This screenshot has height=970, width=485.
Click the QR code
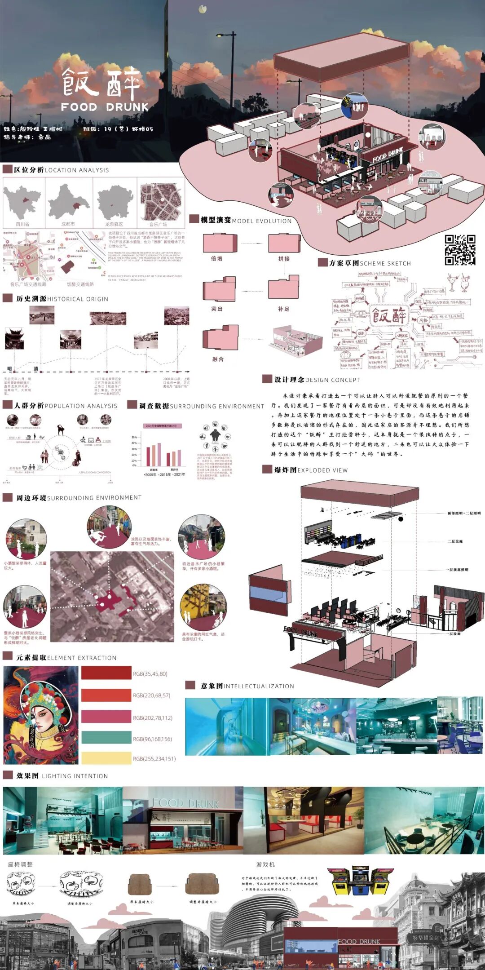pos(460,250)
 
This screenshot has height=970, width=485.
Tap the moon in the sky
pos(203,8)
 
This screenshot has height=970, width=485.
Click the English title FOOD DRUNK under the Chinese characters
pos(105,107)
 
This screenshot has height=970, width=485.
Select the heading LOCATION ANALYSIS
pos(77,170)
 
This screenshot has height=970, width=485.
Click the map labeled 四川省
pos(22,202)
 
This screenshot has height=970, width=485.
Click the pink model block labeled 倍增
pos(220,243)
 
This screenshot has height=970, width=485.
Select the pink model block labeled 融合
pos(220,338)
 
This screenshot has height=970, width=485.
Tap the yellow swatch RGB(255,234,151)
pos(106,758)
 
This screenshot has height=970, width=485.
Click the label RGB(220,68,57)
pos(152,695)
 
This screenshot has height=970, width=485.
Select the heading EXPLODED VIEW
pos(322,470)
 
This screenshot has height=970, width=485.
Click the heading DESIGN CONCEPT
pos(332,380)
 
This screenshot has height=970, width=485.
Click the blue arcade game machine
pos(360,881)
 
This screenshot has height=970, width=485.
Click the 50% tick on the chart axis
pos(134,437)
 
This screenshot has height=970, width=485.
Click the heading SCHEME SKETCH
pos(385,264)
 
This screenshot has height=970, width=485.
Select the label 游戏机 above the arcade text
pos(265,864)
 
